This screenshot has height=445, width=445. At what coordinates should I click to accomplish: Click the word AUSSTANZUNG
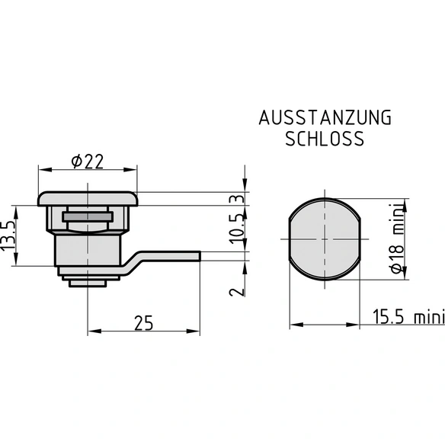tap(325, 118)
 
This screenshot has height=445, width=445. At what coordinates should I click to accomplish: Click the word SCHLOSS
tap(325, 139)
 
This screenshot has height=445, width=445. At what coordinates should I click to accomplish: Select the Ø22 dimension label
tap(88, 162)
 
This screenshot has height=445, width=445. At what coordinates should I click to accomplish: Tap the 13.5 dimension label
tap(8, 235)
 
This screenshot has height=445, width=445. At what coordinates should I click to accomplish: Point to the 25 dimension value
tap(143, 323)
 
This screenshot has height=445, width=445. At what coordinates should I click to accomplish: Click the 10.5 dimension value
tap(237, 229)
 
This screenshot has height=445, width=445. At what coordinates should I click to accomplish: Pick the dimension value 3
tap(237, 199)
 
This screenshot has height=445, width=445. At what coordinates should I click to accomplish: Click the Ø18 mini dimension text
tap(397, 239)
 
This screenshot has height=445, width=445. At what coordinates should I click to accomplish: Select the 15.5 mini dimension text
tap(408, 317)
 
